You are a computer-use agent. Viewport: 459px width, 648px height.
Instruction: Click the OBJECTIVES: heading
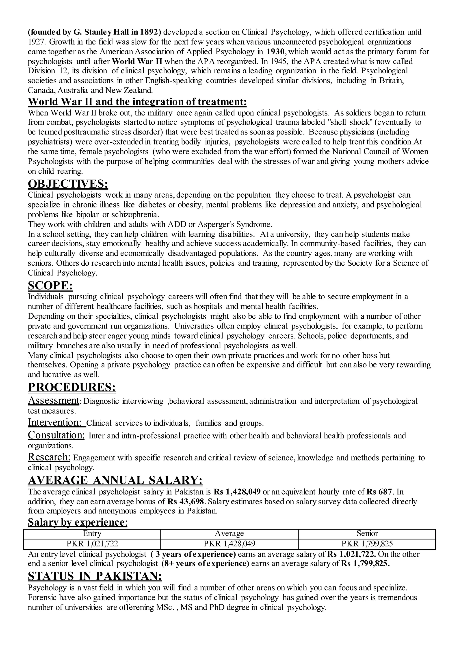pos(68,184)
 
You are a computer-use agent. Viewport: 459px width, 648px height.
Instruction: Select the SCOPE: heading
pos(50,286)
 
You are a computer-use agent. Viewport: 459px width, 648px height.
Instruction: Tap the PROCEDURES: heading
pos(72,387)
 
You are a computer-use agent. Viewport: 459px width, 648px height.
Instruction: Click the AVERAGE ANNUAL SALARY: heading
pos(115,480)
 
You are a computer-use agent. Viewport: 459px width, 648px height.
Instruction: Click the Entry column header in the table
pos(92,533)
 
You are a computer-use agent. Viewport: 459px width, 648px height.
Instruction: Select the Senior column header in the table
pos(367,533)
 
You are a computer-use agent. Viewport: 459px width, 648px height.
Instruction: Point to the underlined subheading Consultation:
pos(56,435)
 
